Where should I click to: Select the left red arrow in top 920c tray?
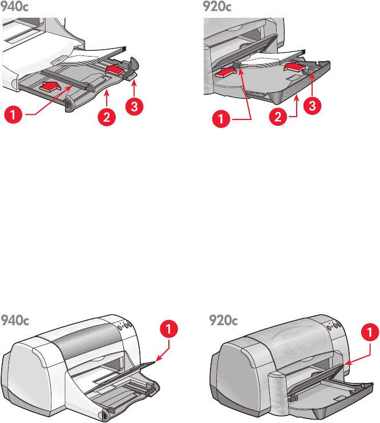[226, 71]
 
